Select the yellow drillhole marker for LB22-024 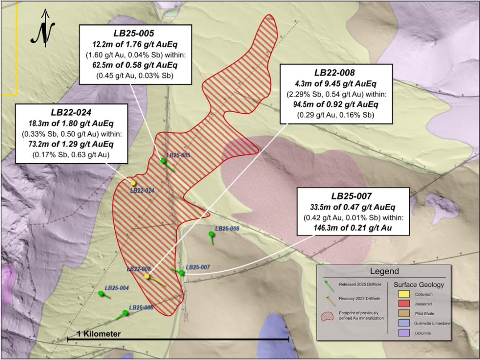133,183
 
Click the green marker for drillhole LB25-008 211,234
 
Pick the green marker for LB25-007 182,273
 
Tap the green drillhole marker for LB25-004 100,294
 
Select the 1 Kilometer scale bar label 99,334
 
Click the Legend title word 384,271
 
